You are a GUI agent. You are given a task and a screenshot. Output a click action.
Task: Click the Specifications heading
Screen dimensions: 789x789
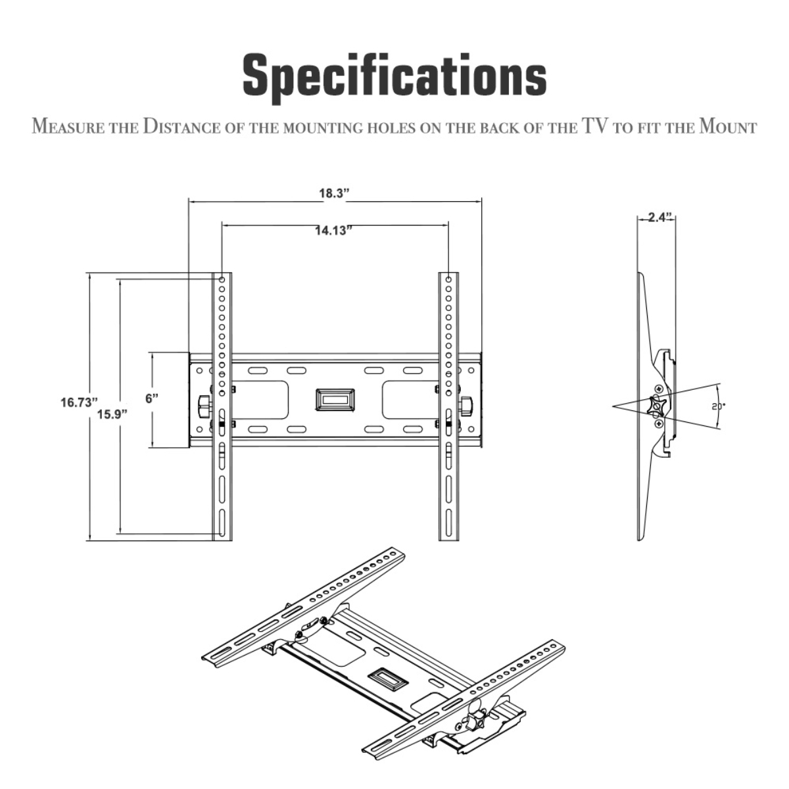[394, 80]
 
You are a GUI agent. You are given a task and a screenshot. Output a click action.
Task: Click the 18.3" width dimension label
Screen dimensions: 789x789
[334, 194]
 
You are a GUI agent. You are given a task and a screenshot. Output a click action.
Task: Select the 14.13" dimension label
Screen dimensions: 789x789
[334, 231]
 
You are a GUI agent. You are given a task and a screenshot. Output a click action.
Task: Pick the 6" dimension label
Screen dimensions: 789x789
[152, 398]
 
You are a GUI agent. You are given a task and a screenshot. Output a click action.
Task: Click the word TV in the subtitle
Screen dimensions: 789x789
[595, 126]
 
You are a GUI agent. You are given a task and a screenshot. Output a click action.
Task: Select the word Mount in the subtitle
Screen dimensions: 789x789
[727, 126]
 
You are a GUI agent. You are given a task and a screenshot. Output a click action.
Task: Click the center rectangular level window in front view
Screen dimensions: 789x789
[335, 399]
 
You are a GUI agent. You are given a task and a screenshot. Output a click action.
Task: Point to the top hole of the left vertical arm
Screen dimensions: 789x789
[222, 279]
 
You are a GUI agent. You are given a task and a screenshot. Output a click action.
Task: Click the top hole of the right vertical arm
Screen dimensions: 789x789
[449, 279]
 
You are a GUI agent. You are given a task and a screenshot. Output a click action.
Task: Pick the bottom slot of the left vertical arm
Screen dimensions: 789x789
[222, 523]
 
